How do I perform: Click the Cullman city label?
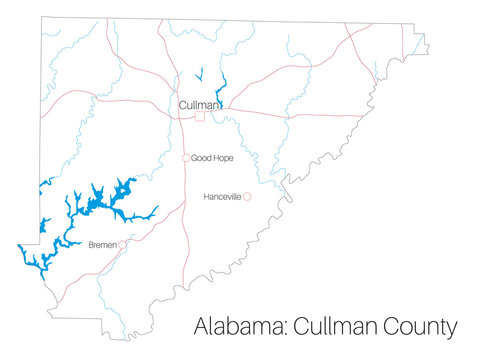pos(199,104)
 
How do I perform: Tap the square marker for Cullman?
pos(200,117)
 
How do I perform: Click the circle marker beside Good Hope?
pos(186,158)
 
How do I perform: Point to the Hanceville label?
pos(222,197)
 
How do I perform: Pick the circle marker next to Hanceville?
pos(247,197)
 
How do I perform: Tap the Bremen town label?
pos(103,244)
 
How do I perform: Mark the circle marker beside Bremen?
pos(123,244)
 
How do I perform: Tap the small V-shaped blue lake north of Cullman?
pos(199,75)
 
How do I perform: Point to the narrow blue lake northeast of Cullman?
pos(221,90)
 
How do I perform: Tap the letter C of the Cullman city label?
pos(183,104)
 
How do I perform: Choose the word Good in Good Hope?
pos(199,158)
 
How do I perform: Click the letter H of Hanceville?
pos(205,197)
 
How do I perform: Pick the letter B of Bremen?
pos(91,244)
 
